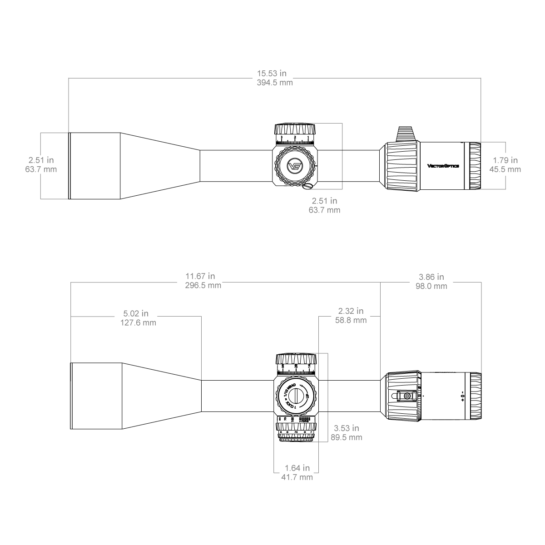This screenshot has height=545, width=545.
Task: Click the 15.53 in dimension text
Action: (x=272, y=73)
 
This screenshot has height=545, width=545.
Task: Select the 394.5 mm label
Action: (x=275, y=83)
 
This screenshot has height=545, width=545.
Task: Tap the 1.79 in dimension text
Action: (x=505, y=160)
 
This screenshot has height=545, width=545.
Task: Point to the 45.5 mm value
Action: (x=505, y=169)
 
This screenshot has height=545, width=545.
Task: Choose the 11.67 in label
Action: (x=200, y=276)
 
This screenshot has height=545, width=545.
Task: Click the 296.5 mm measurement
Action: (x=203, y=286)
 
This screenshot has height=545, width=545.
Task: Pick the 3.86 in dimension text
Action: (x=431, y=277)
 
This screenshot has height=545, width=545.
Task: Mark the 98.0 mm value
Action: (x=431, y=286)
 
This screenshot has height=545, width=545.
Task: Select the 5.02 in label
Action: (x=135, y=313)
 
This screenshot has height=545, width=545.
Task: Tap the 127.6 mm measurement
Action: (x=138, y=323)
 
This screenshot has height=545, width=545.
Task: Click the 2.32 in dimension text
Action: (x=351, y=311)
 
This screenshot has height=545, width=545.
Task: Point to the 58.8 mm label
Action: (x=351, y=321)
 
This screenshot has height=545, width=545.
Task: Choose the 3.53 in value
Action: (x=346, y=428)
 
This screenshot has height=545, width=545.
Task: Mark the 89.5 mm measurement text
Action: (x=346, y=437)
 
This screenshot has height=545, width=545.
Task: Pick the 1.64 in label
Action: (x=297, y=468)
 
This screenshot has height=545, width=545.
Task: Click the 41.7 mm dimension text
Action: (x=297, y=477)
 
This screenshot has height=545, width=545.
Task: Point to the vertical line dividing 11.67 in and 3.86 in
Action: (x=380, y=345)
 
